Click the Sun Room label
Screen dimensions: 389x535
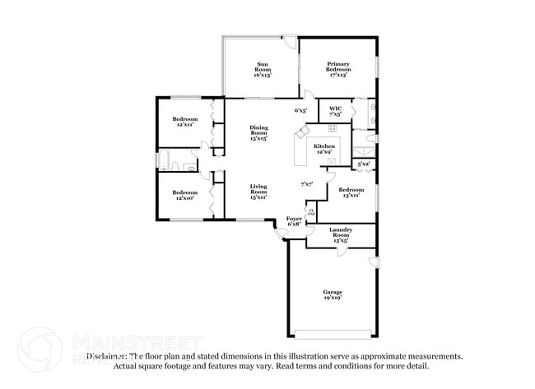point(263,69)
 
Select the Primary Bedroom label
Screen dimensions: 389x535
point(338,69)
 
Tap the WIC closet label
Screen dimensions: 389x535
point(335,111)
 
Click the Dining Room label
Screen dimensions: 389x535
point(258,133)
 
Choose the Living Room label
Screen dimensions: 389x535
point(258,192)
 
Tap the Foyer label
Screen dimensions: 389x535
point(294,220)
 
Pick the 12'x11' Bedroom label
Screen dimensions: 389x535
point(184,123)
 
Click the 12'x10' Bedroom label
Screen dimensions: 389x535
point(184,195)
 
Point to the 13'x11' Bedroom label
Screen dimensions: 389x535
point(348,192)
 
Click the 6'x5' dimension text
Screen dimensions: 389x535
point(300,110)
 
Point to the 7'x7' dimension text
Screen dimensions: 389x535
point(307,183)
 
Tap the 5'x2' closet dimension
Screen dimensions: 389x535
point(363,164)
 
